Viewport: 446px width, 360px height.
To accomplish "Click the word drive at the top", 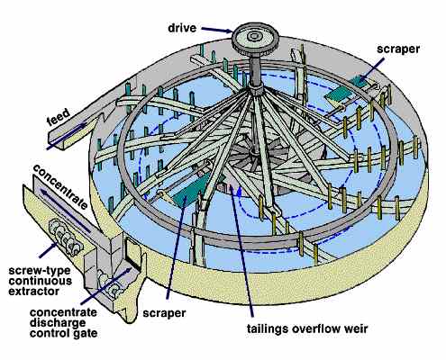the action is pos(182,28).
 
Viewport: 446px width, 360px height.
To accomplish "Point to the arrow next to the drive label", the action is pos(216,30).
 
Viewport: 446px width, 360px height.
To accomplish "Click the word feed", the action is pos(59,117).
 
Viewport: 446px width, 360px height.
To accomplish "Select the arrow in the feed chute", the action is pos(68,136).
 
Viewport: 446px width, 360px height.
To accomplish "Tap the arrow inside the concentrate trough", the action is pos(66,211).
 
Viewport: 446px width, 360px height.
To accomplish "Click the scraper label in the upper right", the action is pos(398,49).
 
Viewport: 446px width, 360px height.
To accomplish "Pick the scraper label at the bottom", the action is pos(164,313).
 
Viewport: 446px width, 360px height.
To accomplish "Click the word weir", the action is pos(357,328).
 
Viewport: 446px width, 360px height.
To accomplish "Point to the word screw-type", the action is pos(40,271).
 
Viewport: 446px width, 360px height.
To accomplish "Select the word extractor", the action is pos(33,291).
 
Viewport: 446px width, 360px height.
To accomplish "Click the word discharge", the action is pos(58,323).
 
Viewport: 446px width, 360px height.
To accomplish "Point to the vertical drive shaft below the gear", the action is pos(257,70).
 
